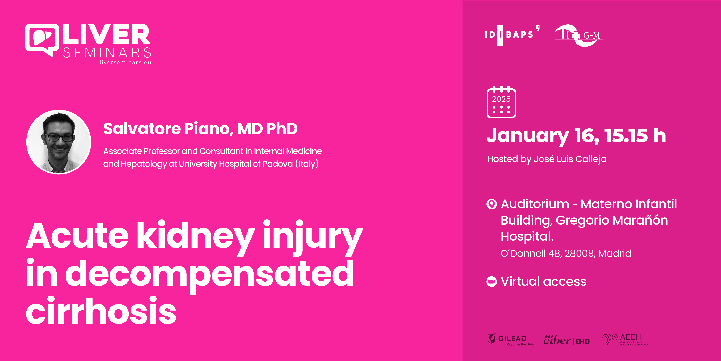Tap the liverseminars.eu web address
(125, 62)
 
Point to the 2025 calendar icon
(501, 102)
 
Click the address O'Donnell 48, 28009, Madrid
(566, 253)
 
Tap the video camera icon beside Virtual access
(491, 282)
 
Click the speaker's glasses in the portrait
(60, 138)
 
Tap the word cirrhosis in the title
(101, 311)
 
